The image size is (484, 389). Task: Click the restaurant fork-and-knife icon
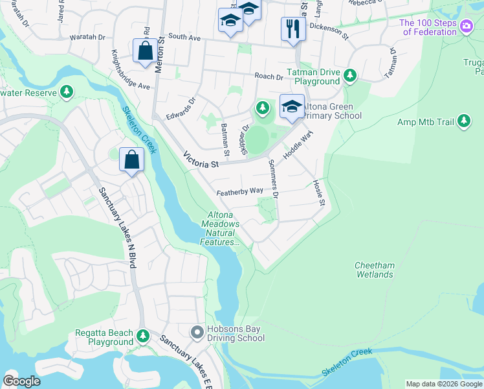tap(293, 29)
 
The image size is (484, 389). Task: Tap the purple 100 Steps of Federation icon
tap(467, 27)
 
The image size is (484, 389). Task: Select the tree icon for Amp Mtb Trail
tap(463, 121)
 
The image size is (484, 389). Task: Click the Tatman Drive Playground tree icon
tap(350, 76)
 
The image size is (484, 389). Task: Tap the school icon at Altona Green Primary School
tap(292, 106)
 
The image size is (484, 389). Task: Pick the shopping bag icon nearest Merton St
tap(143, 51)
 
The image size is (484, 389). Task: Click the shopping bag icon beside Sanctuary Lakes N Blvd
tap(131, 160)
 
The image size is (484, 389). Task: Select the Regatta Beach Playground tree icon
tap(143, 336)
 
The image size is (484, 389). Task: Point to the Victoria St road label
tap(201, 159)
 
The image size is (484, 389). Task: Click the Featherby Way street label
tap(239, 191)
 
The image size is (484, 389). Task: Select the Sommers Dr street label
tap(272, 178)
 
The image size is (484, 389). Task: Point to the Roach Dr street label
tap(269, 77)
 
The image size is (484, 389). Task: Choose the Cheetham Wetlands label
tap(374, 270)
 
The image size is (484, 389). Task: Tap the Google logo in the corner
tap(22, 381)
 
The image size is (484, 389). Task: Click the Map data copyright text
tap(443, 384)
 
